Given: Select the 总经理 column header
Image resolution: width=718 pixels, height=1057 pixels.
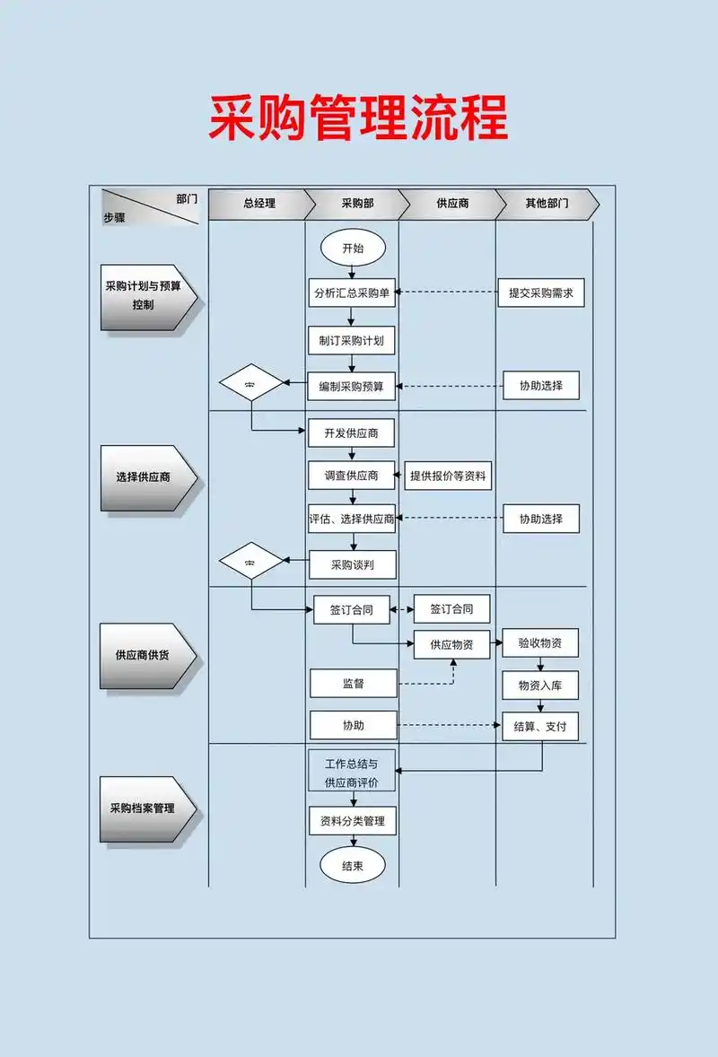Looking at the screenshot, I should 258,204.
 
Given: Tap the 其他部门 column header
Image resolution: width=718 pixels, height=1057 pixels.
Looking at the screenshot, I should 546,204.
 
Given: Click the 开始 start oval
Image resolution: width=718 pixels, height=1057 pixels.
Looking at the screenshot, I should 353,249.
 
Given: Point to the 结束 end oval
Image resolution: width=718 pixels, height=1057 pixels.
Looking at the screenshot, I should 353,866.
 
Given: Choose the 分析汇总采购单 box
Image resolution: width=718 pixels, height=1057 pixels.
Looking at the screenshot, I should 353,293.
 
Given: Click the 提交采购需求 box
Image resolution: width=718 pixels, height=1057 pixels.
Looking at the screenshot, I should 540,293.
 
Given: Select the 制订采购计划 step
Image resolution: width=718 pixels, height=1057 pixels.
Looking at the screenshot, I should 352,341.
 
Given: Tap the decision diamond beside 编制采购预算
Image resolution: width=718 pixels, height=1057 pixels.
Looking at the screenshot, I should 251,383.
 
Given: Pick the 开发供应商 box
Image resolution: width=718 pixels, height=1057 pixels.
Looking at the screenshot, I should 352,433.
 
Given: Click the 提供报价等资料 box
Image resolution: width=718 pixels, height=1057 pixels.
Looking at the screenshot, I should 448,476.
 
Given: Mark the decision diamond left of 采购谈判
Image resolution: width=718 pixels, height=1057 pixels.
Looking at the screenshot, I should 251,562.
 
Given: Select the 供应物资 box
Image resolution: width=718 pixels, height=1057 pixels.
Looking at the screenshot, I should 451,644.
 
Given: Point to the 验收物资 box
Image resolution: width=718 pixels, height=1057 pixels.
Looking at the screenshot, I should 540,642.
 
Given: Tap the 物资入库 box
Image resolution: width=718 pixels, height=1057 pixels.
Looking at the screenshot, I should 540,685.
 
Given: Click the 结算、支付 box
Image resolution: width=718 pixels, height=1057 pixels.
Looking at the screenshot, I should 540,726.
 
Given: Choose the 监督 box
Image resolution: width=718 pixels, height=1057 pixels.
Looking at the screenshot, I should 353,684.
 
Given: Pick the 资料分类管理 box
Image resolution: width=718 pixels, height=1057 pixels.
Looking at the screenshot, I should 353,820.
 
